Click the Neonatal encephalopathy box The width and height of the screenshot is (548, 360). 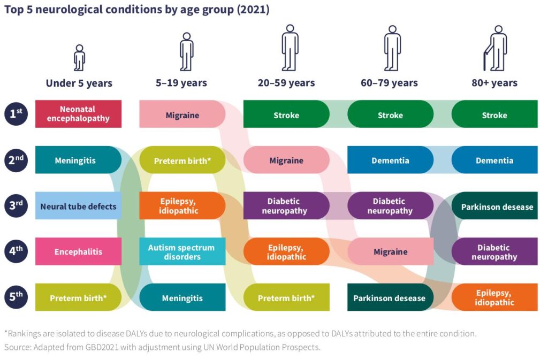coord(78,114)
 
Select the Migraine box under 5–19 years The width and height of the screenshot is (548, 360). coord(182,114)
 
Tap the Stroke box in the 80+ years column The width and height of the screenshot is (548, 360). coord(494,114)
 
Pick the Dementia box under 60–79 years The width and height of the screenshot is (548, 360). coord(390,160)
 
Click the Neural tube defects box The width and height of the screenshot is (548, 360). coord(78,206)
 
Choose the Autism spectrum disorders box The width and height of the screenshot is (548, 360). coord(182,252)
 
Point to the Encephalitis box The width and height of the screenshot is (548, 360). coord(78,252)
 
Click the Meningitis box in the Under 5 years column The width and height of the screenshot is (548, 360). coord(78,160)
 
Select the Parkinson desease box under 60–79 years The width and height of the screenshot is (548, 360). coord(389,298)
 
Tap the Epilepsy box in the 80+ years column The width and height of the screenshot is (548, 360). coord(494,298)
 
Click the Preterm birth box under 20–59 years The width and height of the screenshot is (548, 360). coord(286,298)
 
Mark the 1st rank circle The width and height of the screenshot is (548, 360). coord(17,114)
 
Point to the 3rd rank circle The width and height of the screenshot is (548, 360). coord(17,206)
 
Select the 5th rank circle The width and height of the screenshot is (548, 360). coord(17,298)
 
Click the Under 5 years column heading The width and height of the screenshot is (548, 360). coord(79,83)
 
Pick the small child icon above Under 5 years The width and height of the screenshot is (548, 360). coord(79,58)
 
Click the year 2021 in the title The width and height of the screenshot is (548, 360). coord(252,10)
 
